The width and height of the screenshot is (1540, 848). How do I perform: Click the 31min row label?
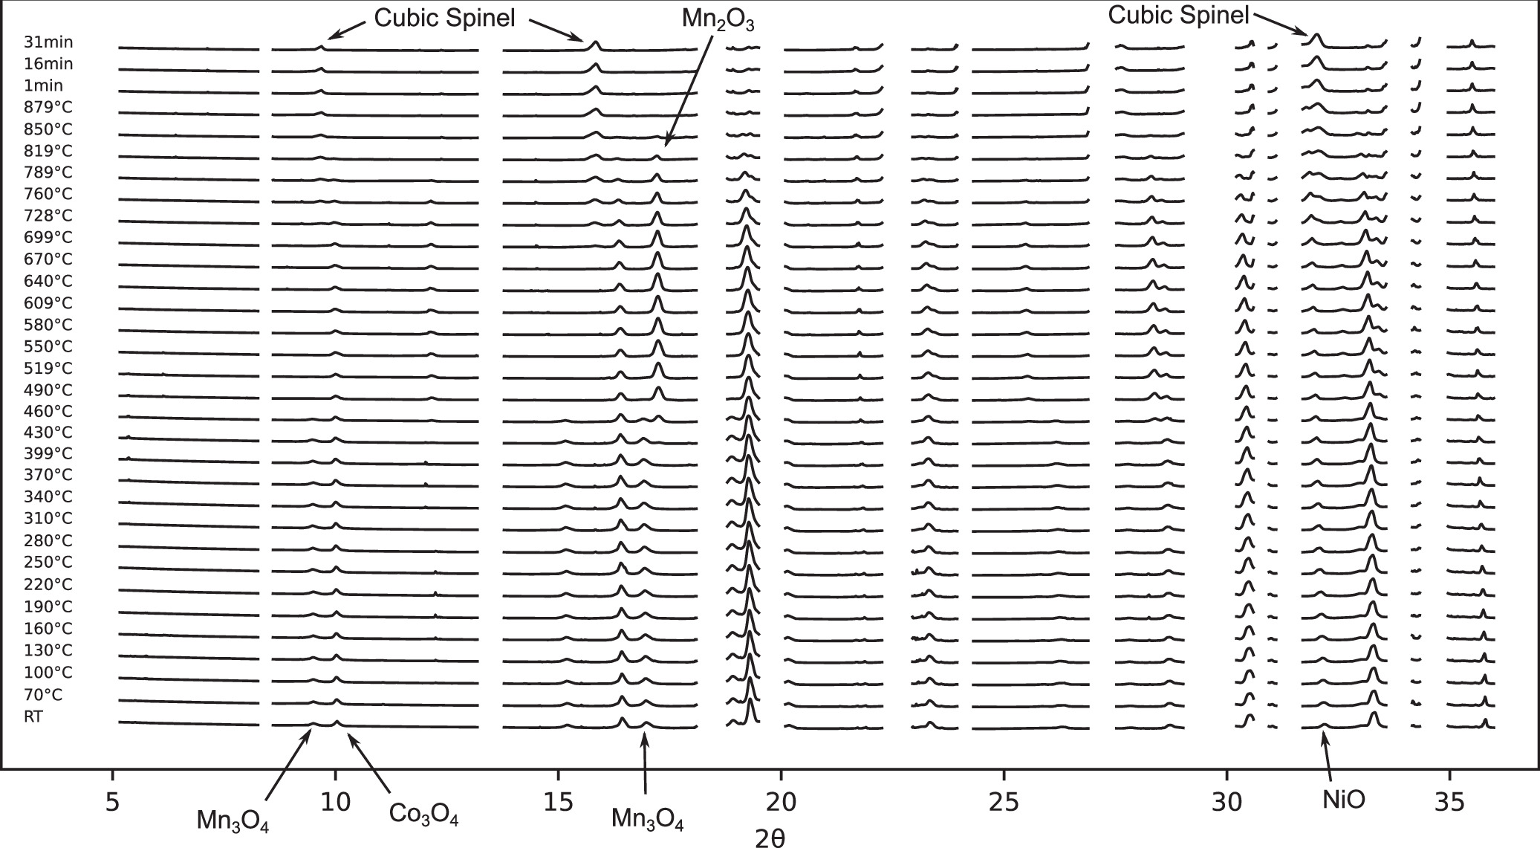[48, 42]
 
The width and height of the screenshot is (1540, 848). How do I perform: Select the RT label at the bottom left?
[34, 716]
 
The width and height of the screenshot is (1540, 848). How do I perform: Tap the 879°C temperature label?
[48, 107]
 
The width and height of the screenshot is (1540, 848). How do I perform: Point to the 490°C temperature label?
[48, 389]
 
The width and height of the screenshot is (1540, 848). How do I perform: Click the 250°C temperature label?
[48, 562]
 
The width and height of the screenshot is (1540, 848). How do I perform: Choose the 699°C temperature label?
[48, 237]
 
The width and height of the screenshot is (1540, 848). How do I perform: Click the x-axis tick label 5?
[112, 803]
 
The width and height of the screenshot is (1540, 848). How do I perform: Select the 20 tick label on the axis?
[781, 803]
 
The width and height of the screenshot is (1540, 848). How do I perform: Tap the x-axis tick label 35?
[1449, 803]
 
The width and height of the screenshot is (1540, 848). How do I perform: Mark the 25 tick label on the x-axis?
[1004, 803]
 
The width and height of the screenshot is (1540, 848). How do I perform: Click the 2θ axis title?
[770, 838]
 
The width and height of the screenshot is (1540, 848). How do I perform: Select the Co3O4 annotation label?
[423, 815]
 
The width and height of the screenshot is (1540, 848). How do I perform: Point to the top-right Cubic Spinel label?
[1179, 14]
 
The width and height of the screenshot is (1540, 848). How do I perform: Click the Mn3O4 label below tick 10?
[233, 821]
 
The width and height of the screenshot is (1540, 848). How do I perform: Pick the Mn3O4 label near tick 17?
[647, 819]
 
